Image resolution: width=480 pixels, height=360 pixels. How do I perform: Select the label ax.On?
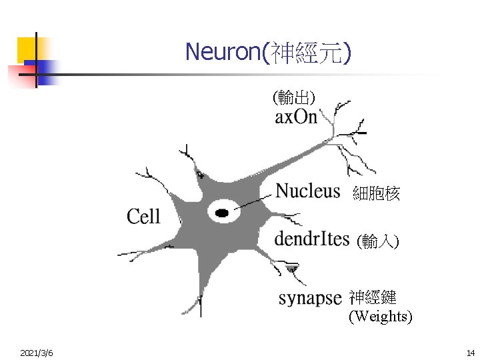tap(296, 118)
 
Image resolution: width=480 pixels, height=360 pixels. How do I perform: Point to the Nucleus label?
tap(308, 191)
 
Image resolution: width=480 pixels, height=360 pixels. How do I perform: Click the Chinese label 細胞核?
tap(376, 194)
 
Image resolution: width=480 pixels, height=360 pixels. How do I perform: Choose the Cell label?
tap(143, 216)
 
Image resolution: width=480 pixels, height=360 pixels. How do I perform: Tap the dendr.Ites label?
tap(312, 239)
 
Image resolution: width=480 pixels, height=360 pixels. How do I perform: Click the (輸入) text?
tap(377, 241)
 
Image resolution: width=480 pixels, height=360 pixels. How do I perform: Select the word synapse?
tap(310, 298)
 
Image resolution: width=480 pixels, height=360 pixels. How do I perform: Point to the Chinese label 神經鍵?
tap(373, 297)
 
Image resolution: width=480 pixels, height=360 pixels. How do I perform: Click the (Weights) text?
tap(381, 316)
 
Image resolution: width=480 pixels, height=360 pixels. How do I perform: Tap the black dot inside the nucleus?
tap(222, 213)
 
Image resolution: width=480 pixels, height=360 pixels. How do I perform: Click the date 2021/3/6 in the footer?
tap(37, 352)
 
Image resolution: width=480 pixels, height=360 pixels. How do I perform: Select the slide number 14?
tap(471, 352)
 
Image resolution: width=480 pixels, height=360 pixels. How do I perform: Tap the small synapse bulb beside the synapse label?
tap(292, 269)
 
